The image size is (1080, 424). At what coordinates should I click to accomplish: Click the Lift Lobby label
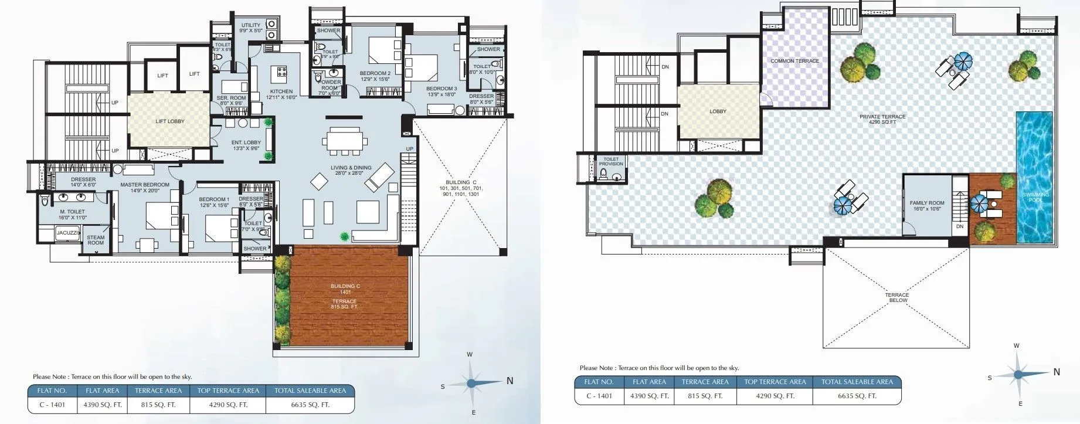[170, 121]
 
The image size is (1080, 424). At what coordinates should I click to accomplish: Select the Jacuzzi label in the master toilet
[67, 233]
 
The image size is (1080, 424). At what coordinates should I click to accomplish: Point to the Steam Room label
[96, 240]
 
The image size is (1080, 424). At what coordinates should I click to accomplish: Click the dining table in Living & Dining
[345, 141]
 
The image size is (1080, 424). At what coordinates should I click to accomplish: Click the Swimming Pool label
[1035, 197]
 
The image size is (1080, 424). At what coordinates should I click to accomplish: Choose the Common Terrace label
[794, 61]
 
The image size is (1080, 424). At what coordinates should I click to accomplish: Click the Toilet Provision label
[611, 161]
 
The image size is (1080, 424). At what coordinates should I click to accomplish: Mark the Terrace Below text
[897, 298]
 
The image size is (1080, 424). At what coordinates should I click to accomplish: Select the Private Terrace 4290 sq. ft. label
[882, 119]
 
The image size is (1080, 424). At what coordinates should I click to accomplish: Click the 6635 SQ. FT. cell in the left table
[310, 405]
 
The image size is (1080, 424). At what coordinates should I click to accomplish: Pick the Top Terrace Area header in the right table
[775, 382]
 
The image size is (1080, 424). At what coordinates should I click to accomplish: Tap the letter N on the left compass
[510, 381]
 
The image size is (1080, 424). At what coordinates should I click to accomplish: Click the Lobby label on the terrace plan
[718, 111]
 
